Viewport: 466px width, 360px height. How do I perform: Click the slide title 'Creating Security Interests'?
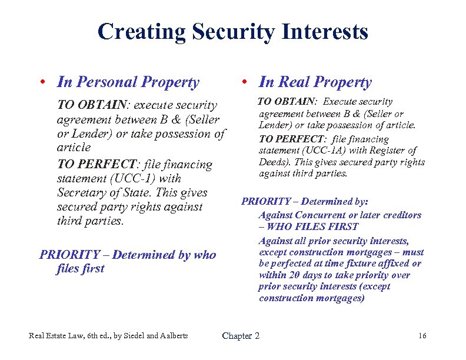[x=233, y=31]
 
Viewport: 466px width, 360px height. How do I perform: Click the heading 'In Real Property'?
[x=315, y=82]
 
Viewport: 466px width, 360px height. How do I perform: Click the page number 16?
[x=421, y=336]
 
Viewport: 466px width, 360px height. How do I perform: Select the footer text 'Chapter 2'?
[x=241, y=336]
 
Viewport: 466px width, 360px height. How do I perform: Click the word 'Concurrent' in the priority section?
[x=320, y=215]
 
